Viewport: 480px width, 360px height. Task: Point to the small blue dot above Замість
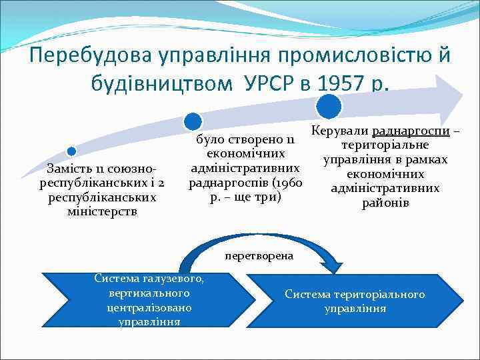click(x=71, y=151)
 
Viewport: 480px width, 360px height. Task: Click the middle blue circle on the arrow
click(x=192, y=121)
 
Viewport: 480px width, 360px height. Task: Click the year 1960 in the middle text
click(x=291, y=183)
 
